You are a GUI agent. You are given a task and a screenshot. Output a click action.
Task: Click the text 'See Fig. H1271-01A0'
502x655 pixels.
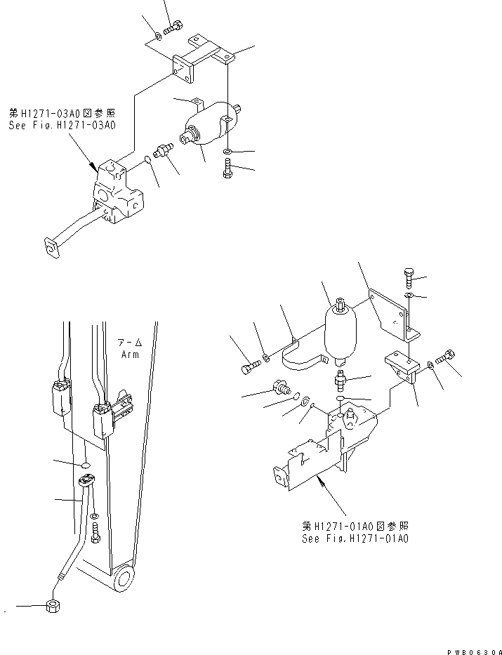click(x=355, y=538)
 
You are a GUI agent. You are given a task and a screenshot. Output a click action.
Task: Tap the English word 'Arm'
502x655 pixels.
click(x=130, y=355)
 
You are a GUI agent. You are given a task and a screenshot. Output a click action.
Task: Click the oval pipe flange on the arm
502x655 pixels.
click(x=87, y=481)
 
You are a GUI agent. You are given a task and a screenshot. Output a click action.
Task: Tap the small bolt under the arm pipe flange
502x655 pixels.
click(x=95, y=534)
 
